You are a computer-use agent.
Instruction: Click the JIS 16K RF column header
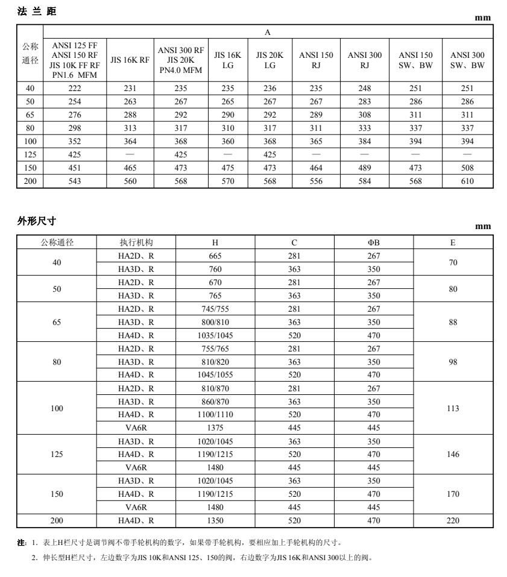(130, 60)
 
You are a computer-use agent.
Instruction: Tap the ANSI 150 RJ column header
(316, 60)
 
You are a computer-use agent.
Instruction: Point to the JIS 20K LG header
(269, 60)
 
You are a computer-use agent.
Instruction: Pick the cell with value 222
(75, 88)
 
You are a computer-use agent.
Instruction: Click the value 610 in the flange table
(467, 181)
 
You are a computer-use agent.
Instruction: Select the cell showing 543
(75, 181)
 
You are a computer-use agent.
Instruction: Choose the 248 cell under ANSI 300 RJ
(365, 88)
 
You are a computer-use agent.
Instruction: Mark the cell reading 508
(467, 168)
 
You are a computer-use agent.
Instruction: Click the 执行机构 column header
(136, 242)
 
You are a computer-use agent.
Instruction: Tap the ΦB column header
(374, 242)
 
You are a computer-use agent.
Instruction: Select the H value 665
(215, 256)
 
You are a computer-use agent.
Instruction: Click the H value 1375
(215, 427)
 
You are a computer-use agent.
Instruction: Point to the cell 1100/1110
(215, 414)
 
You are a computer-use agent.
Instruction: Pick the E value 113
(453, 408)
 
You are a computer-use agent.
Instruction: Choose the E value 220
(453, 520)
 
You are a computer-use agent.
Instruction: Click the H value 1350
(215, 520)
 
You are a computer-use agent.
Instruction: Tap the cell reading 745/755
(215, 309)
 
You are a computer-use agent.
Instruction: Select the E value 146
(453, 454)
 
